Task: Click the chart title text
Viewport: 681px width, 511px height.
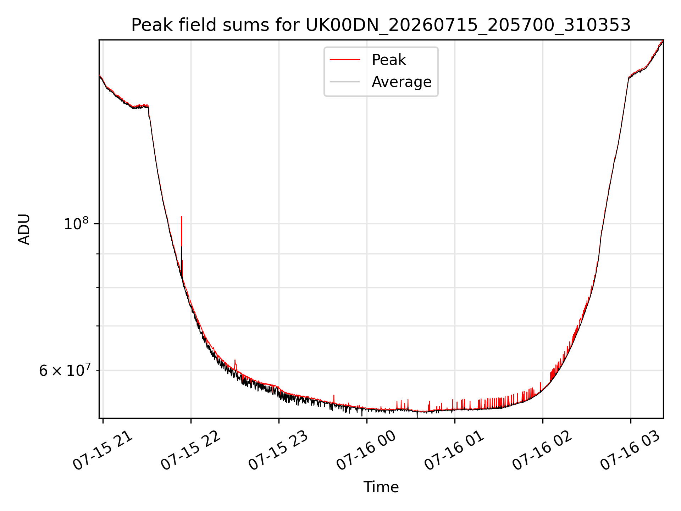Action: pyautogui.click(x=381, y=25)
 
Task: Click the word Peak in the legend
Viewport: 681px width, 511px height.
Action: pyautogui.click(x=389, y=60)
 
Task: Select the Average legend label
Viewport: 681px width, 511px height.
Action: pyautogui.click(x=402, y=82)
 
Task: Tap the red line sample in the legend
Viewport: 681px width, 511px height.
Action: pyautogui.click(x=345, y=60)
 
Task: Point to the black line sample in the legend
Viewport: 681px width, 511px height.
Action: pyautogui.click(x=345, y=82)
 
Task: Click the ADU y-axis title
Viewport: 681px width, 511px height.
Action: pyautogui.click(x=24, y=229)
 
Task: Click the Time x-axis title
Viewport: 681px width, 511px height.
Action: pyautogui.click(x=381, y=487)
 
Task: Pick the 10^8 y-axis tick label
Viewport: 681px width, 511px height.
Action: pyautogui.click(x=76, y=224)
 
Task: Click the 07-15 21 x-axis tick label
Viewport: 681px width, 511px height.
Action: pyautogui.click(x=103, y=451)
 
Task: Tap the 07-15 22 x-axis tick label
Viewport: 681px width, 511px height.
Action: pyautogui.click(x=191, y=451)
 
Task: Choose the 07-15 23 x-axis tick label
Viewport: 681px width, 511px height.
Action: pyautogui.click(x=278, y=451)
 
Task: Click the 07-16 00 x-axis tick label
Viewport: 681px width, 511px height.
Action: pyautogui.click(x=366, y=451)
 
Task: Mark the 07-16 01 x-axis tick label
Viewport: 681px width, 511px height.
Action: pyautogui.click(x=454, y=451)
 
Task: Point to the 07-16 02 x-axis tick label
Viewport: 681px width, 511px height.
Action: pyautogui.click(x=542, y=451)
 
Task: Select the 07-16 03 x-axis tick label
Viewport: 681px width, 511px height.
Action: pyautogui.click(x=630, y=451)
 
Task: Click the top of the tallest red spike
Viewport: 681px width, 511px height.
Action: pyautogui.click(x=181, y=216)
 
